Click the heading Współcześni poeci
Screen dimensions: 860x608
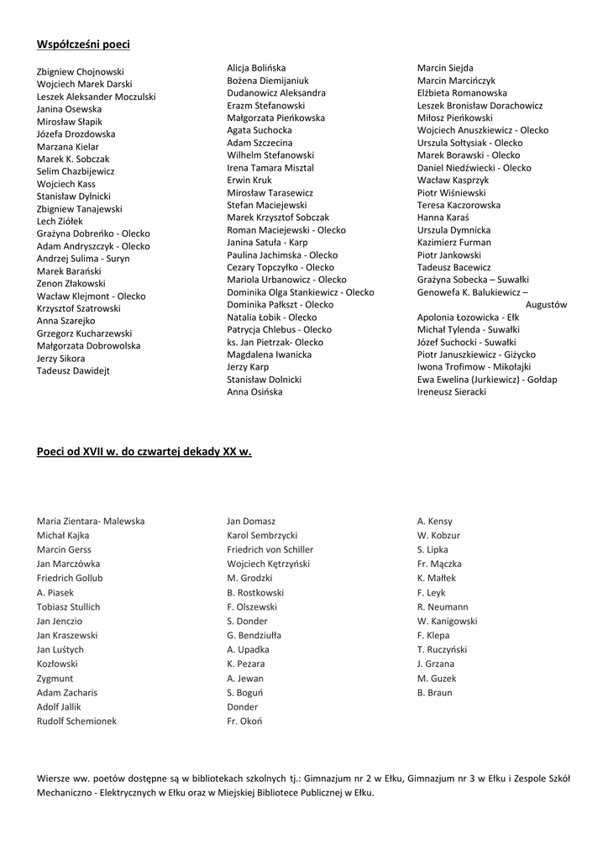[x=83, y=44]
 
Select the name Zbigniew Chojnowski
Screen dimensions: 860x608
[x=81, y=72]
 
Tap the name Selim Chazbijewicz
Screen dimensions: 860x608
[x=76, y=171]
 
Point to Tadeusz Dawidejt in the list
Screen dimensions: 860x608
[x=74, y=370]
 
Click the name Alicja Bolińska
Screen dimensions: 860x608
[x=256, y=68]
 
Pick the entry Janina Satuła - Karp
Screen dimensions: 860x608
[x=267, y=243]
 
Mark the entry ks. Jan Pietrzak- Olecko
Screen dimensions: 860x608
[x=275, y=343]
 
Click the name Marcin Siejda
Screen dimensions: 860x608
[x=445, y=68]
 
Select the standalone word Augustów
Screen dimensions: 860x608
[x=547, y=305]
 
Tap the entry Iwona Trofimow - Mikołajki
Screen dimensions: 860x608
[x=474, y=367]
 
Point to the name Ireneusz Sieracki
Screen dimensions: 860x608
[x=452, y=392]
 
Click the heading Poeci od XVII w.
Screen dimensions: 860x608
[x=144, y=451]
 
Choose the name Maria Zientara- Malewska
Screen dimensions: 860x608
[x=91, y=522]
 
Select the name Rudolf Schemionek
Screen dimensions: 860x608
[x=76, y=721]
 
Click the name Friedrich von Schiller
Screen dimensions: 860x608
[x=270, y=550]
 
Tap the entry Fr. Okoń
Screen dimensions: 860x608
[x=244, y=721]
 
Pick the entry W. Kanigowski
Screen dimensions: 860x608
[x=447, y=621]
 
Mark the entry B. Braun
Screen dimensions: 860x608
[x=434, y=693]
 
